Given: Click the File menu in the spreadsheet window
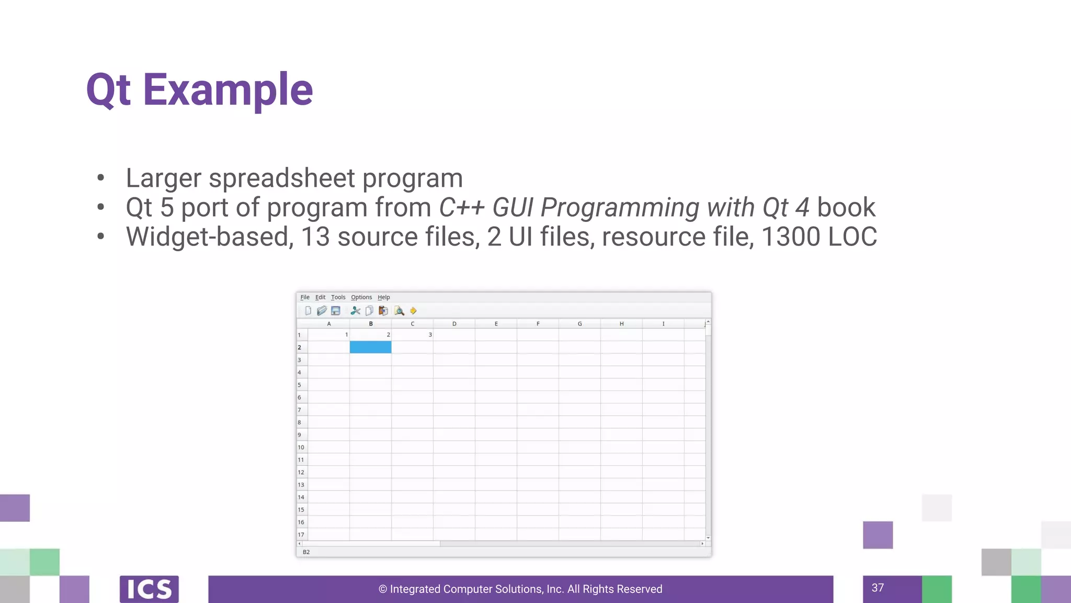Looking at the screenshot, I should [x=305, y=297].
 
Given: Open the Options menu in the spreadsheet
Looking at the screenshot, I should [x=361, y=297].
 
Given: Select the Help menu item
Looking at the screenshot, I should [x=384, y=297].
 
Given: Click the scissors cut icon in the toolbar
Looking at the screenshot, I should [x=356, y=311].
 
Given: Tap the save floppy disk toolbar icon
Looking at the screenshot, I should [x=336, y=311].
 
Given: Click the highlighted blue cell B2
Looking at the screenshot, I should [x=370, y=347].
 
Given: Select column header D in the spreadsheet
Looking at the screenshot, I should [x=454, y=324].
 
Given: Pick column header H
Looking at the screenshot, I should [x=621, y=324].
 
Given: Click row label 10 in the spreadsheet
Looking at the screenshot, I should [x=301, y=448].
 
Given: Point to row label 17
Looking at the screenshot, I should [x=301, y=534].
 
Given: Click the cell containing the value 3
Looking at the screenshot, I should [x=413, y=334].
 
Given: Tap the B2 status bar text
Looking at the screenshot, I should [x=306, y=552].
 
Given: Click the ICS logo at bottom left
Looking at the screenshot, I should [x=149, y=589].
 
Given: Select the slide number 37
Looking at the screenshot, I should [x=878, y=588].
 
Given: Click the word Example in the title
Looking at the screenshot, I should [x=228, y=90].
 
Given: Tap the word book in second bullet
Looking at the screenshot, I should [x=846, y=207].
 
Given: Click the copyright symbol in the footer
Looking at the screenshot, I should [x=383, y=589].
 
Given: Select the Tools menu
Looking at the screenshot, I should [x=338, y=297].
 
